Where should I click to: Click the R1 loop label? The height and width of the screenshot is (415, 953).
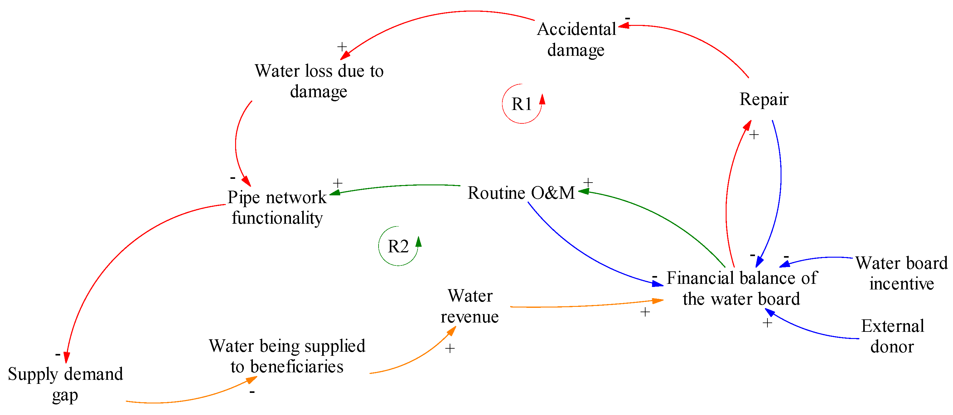(x=521, y=104)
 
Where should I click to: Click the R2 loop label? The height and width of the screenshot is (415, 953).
(x=398, y=246)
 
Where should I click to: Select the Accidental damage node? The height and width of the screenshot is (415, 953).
(x=576, y=39)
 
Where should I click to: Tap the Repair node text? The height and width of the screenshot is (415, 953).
(x=764, y=99)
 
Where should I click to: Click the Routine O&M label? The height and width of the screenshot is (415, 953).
(x=521, y=193)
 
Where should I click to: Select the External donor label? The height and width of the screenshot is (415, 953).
(x=892, y=336)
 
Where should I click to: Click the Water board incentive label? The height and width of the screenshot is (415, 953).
(x=901, y=273)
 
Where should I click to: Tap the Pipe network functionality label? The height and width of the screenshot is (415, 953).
(x=277, y=207)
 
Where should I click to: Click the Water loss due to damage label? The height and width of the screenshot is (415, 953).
(x=319, y=81)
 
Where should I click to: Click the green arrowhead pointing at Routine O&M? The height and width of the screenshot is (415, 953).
(x=583, y=191)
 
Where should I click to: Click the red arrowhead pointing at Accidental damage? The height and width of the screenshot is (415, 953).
(x=624, y=26)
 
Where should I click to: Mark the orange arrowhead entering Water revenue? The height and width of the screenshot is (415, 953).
(x=451, y=331)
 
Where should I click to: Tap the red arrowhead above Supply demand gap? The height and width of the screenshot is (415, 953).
(x=67, y=358)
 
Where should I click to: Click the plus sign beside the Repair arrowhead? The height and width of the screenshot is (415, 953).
(x=754, y=135)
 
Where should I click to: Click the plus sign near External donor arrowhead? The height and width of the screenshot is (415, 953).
(x=767, y=323)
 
